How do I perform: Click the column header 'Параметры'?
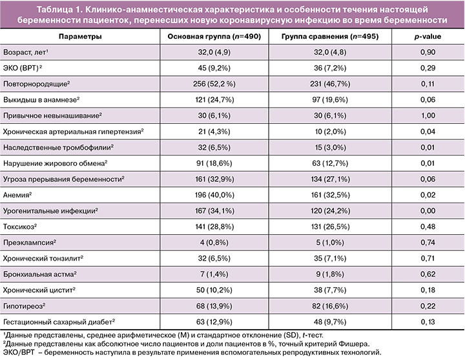click(80, 37)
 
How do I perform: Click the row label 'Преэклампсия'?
click(29, 241)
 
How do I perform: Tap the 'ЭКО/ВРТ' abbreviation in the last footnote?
click(19, 352)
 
